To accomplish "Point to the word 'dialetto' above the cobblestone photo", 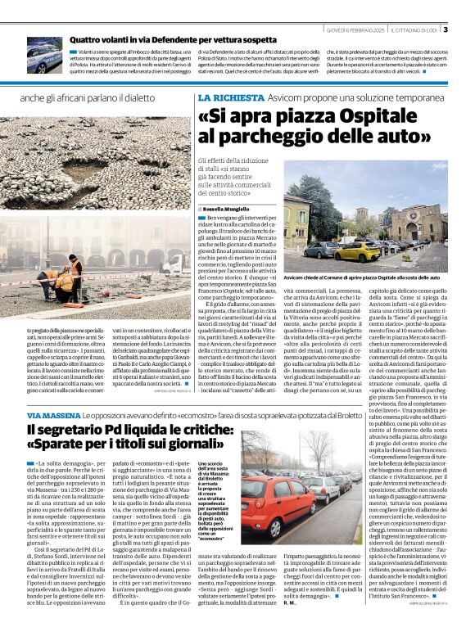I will [156, 97].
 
